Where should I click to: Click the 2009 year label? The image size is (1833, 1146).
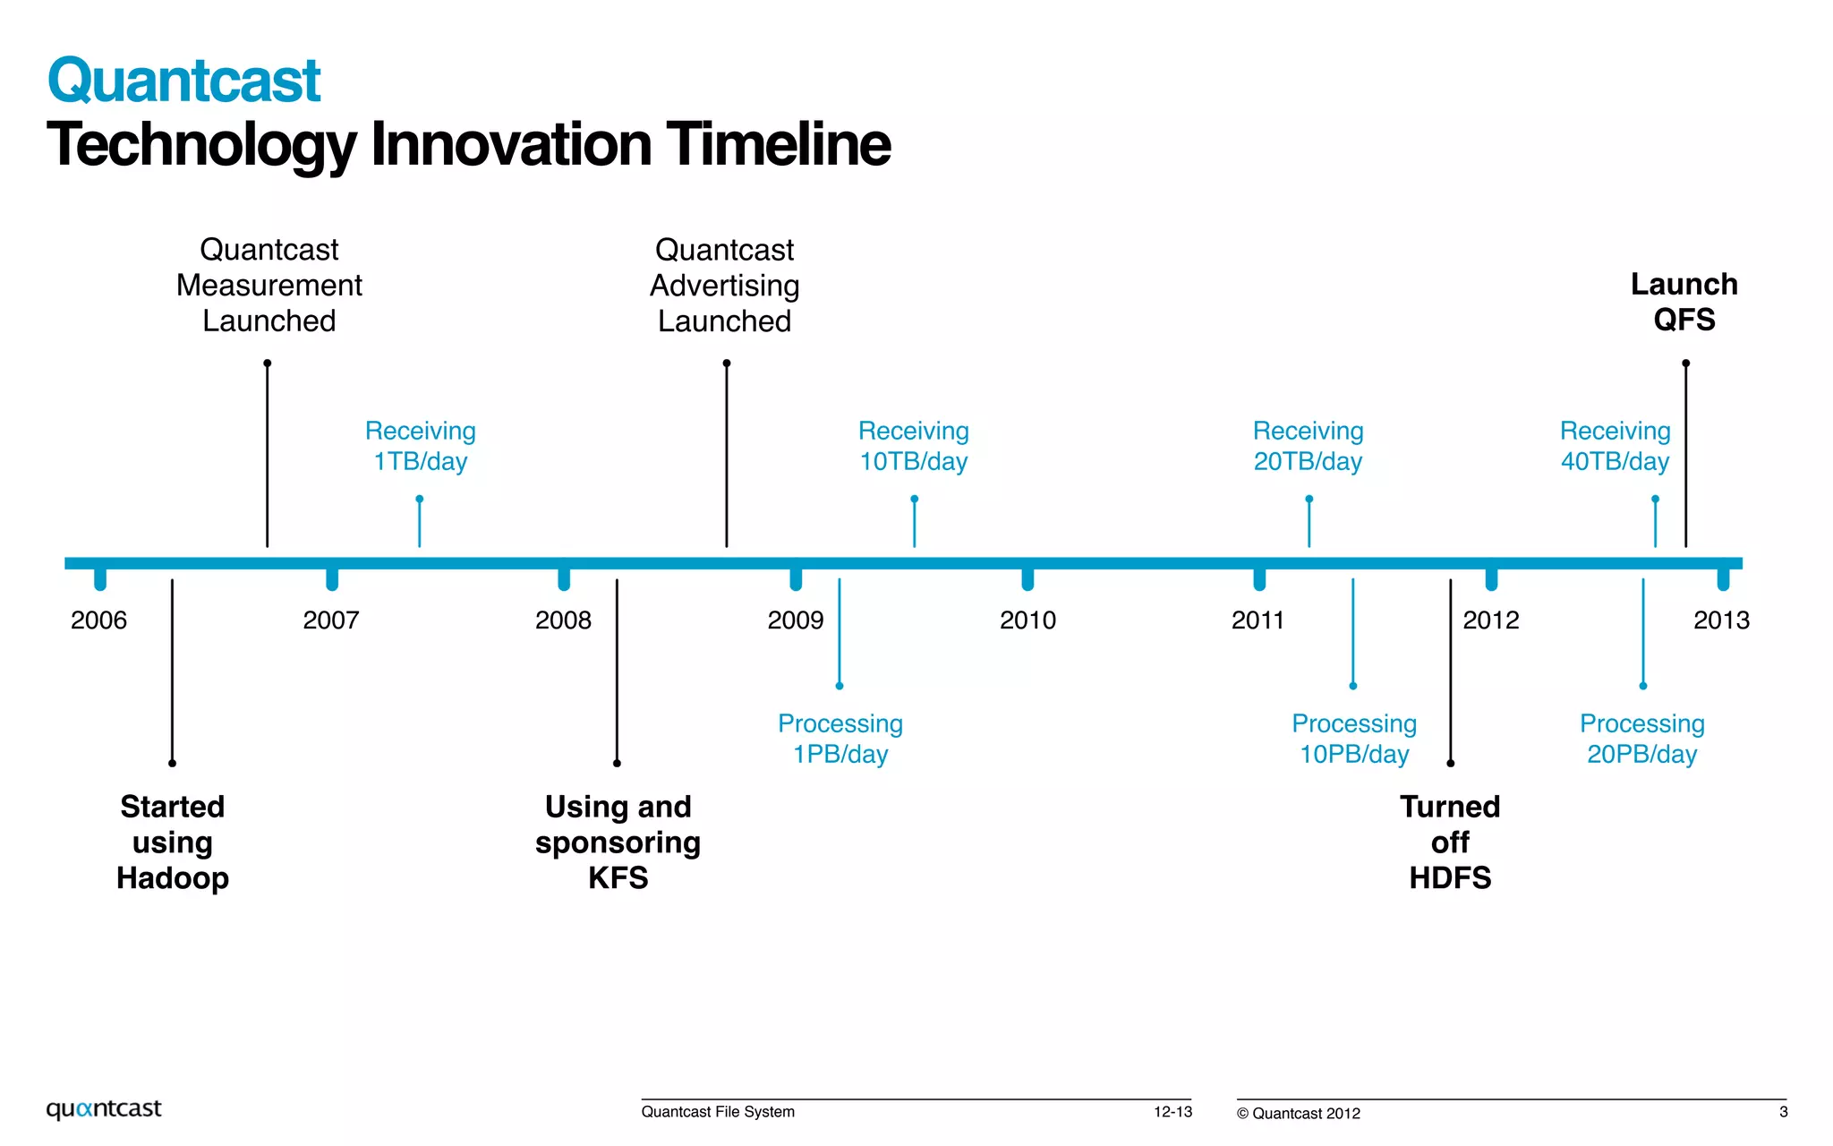click(x=795, y=620)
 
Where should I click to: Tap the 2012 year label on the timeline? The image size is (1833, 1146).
click(x=1490, y=620)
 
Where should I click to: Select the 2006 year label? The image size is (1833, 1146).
click(x=98, y=620)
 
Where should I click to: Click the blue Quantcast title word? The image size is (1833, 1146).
click(x=183, y=81)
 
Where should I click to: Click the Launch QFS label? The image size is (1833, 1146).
click(x=1684, y=302)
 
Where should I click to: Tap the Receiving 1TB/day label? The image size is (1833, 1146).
click(x=420, y=446)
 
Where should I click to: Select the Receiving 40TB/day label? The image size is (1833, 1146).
click(x=1615, y=446)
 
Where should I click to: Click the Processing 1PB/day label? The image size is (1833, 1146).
click(x=840, y=739)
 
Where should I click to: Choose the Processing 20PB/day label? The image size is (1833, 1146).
click(x=1641, y=739)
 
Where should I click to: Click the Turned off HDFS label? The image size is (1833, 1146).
click(x=1450, y=842)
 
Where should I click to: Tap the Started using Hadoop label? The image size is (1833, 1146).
click(x=172, y=842)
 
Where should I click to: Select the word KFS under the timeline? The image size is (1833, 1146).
click(x=618, y=878)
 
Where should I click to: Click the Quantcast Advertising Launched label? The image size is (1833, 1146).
click(x=724, y=285)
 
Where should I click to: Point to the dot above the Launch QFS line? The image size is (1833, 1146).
click(x=1685, y=363)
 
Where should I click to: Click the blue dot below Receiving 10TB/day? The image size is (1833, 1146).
click(x=914, y=499)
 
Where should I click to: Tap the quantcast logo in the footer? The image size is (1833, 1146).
click(x=104, y=1108)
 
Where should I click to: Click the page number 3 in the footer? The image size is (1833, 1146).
click(x=1783, y=1112)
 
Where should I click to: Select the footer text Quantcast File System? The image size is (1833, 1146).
click(x=718, y=1112)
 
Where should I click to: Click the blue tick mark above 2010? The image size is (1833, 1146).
click(x=1027, y=579)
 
